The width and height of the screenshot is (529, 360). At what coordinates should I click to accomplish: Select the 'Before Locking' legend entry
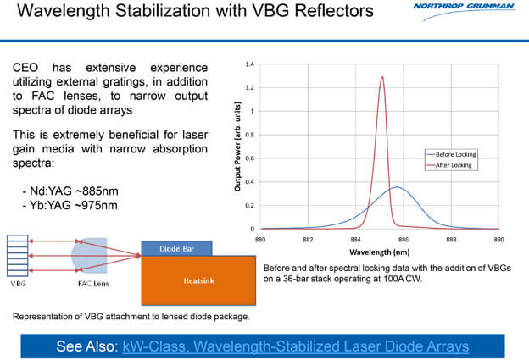456,154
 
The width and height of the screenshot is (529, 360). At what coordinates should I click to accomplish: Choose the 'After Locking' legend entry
453,165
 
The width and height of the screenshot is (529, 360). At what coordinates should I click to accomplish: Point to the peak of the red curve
382,77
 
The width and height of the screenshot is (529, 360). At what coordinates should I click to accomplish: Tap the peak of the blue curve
396,187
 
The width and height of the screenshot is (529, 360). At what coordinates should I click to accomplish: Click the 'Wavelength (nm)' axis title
379,252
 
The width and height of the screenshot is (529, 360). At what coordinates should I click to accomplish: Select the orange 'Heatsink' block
196,279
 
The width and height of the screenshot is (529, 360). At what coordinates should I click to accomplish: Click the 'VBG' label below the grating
18,286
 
